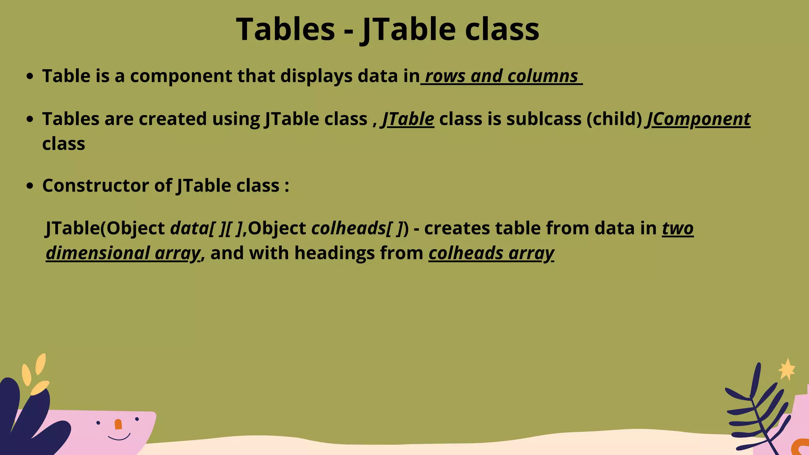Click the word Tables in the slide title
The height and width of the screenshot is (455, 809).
(x=286, y=29)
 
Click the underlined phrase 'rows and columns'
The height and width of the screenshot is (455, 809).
(x=501, y=76)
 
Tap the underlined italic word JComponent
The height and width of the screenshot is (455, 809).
(x=698, y=119)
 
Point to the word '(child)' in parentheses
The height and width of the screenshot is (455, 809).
(x=614, y=119)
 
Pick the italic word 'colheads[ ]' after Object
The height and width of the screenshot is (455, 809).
(x=357, y=228)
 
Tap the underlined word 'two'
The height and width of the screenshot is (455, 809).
(x=677, y=228)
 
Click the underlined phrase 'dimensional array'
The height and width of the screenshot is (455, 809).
(x=123, y=253)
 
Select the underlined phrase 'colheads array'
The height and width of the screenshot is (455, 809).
(x=491, y=253)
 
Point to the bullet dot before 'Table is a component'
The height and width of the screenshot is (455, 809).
(x=30, y=76)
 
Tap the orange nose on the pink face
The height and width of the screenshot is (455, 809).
(x=118, y=425)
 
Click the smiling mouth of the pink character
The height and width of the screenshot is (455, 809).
(x=119, y=438)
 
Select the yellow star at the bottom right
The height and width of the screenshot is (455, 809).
(x=787, y=370)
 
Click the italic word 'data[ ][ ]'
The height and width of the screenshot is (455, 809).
(x=205, y=228)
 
